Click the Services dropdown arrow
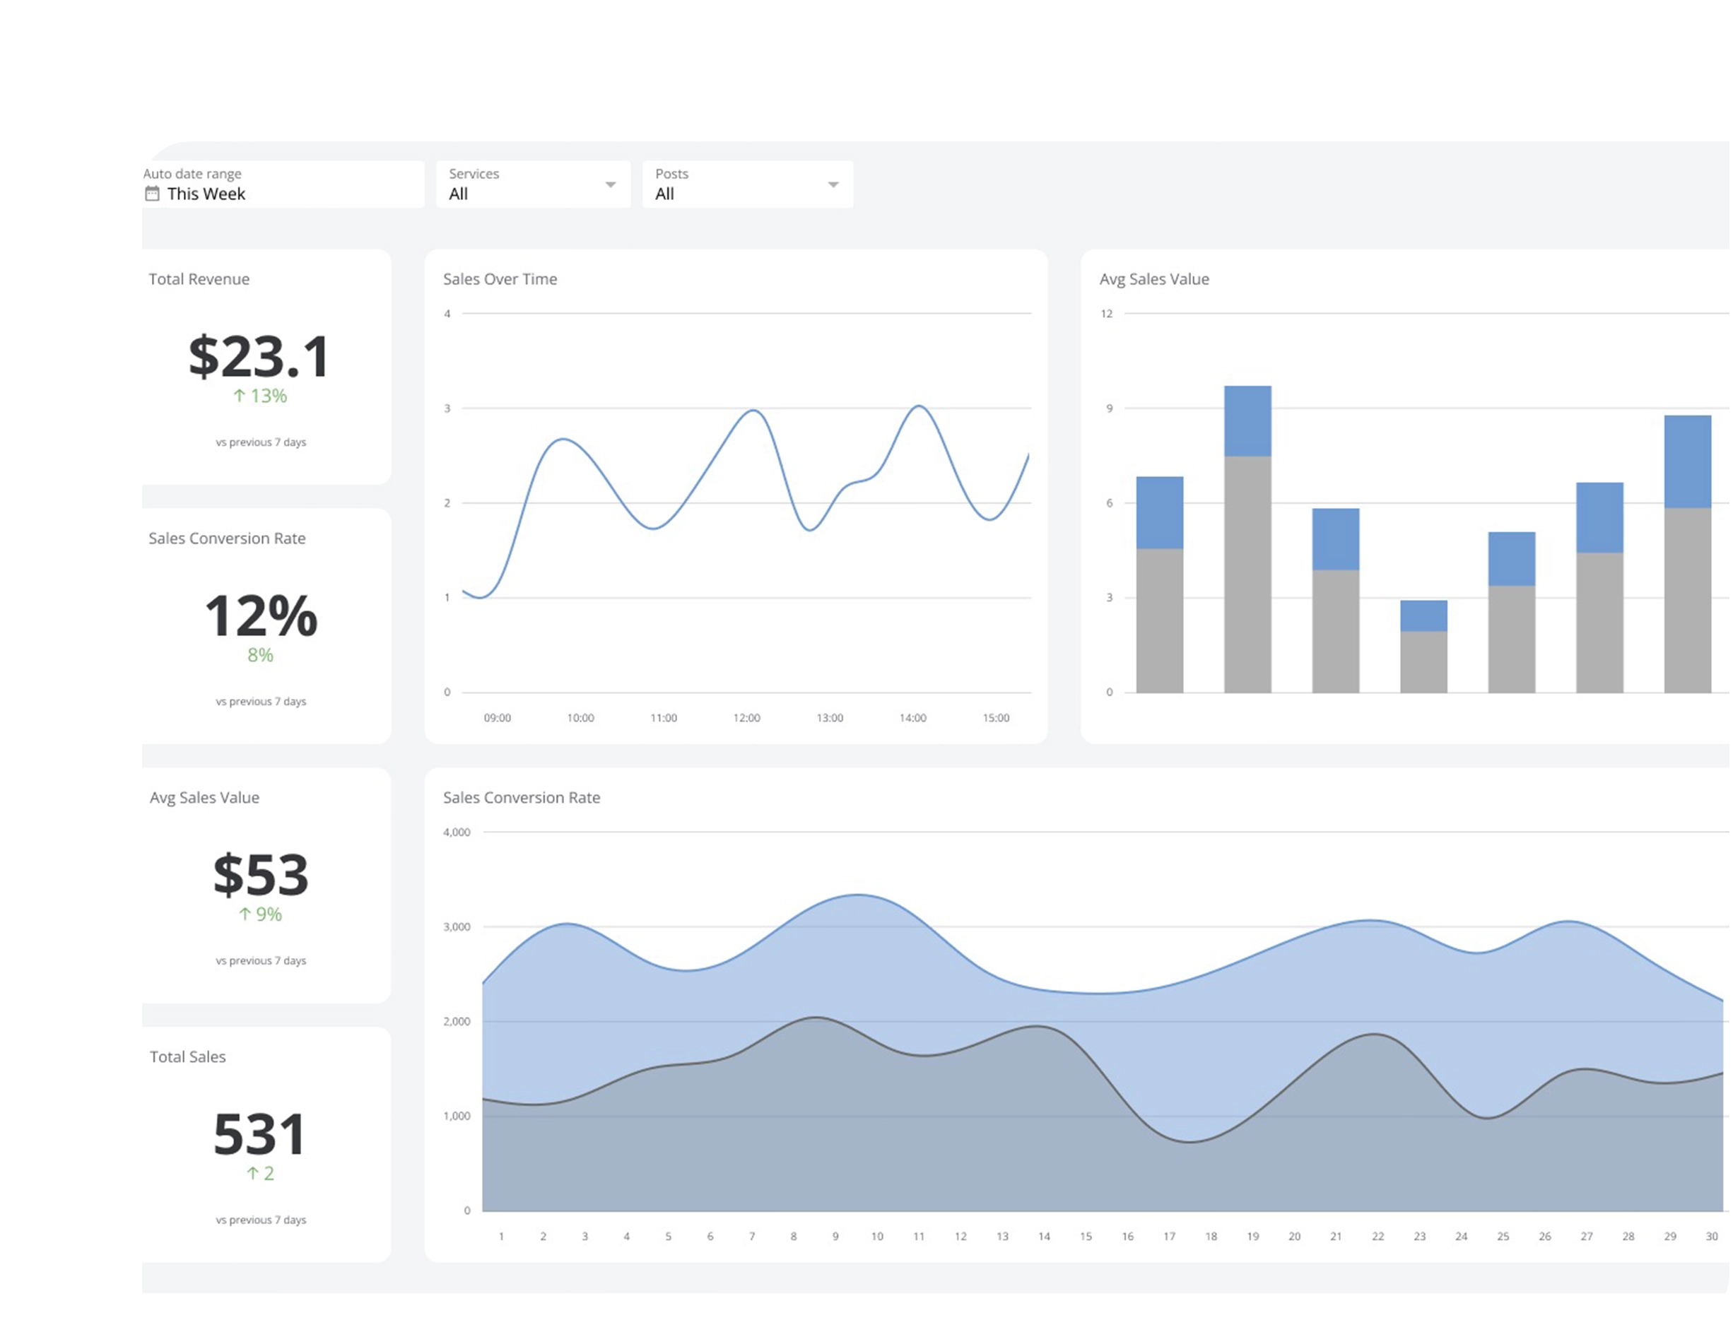(x=610, y=185)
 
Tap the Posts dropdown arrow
(x=833, y=185)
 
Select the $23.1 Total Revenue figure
(x=259, y=356)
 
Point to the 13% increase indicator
(x=260, y=396)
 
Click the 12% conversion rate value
(x=261, y=616)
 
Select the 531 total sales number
(x=259, y=1134)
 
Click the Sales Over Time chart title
(x=500, y=279)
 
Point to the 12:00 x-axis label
(x=746, y=718)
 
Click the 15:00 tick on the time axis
(x=996, y=718)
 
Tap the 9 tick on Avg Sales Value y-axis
(x=1110, y=408)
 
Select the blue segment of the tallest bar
(x=1247, y=421)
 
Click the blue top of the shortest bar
(x=1423, y=616)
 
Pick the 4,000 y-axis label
(x=457, y=832)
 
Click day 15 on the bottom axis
(x=1086, y=1236)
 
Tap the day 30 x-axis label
(x=1712, y=1236)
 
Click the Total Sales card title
(x=188, y=1057)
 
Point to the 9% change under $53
(x=261, y=914)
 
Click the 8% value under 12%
(x=260, y=655)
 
